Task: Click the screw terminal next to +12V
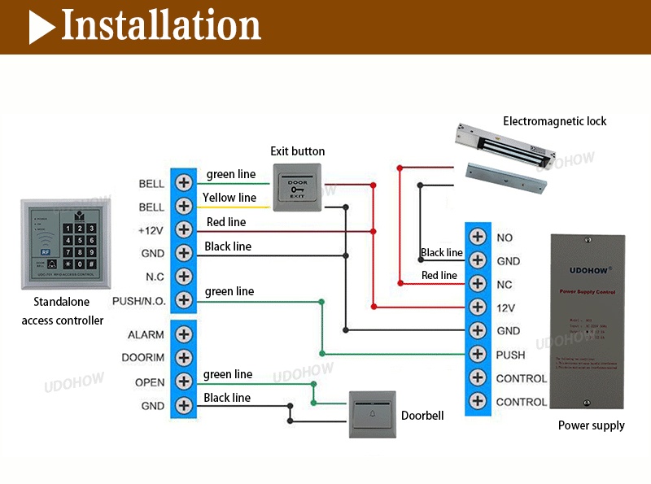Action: [185, 229]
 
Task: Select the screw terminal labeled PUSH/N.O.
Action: [185, 300]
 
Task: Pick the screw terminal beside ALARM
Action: [185, 334]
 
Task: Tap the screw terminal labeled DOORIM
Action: [185, 357]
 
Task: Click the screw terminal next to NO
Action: [478, 238]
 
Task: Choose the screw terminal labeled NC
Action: [478, 285]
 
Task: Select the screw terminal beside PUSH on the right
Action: [478, 355]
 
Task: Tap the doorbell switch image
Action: [372, 414]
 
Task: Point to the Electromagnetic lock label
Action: [555, 121]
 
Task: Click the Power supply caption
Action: [591, 425]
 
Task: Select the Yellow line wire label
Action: [229, 198]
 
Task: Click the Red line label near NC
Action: [439, 276]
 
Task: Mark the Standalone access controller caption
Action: [63, 312]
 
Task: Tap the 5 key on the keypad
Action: [79, 241]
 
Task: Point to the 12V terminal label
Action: [505, 308]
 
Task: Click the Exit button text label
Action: [297, 151]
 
